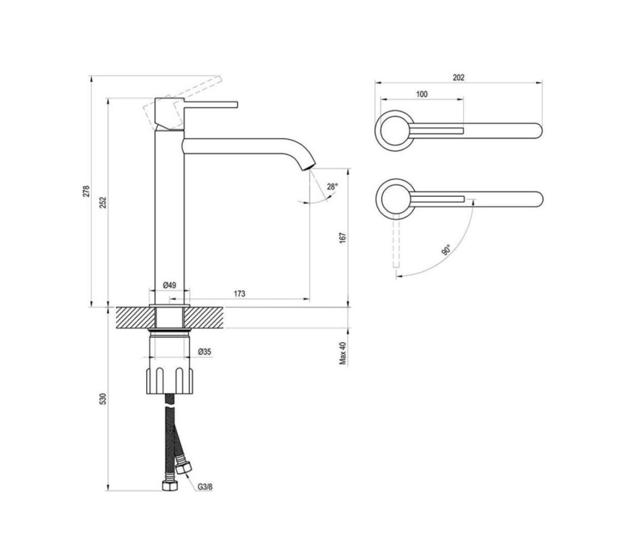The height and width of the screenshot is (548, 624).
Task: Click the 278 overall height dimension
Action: coord(87,191)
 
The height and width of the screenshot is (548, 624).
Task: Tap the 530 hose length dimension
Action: coord(103,399)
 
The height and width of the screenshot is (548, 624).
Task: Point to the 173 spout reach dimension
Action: coord(239,294)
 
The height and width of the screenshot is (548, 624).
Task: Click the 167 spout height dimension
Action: coord(343,238)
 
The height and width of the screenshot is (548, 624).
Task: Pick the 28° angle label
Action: coord(333,186)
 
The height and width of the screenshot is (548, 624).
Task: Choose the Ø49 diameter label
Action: coord(169,285)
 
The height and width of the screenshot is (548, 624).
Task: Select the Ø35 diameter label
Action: coord(205,352)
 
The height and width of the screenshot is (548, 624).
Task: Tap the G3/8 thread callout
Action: coord(205,487)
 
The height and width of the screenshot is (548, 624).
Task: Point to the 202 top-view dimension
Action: coord(458,77)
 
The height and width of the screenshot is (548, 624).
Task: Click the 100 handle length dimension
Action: coord(422,94)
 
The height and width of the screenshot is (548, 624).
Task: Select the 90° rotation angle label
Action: coord(446,250)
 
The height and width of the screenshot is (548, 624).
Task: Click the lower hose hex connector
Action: coord(169,486)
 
